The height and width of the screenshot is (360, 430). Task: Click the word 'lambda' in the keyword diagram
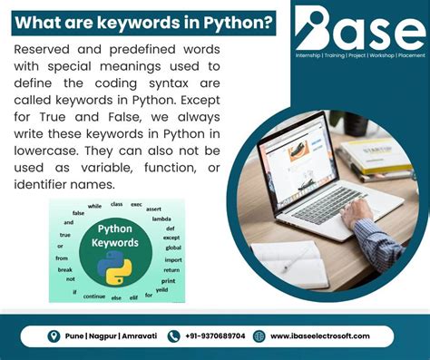click(x=161, y=219)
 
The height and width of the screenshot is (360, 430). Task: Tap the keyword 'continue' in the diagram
click(x=94, y=296)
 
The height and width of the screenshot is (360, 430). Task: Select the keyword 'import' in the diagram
click(x=172, y=259)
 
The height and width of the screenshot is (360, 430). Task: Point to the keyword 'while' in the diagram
click(x=94, y=206)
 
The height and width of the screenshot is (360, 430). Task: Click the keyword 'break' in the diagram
click(x=64, y=268)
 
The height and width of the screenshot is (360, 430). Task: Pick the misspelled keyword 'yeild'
click(x=161, y=290)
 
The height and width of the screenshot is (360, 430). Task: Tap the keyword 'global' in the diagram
click(x=172, y=248)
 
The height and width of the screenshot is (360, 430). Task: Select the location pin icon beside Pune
click(x=54, y=336)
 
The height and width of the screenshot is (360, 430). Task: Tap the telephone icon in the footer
click(x=174, y=336)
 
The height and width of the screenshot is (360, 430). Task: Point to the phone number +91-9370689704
click(x=214, y=336)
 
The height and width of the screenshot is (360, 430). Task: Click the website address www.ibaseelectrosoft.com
click(x=319, y=336)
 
